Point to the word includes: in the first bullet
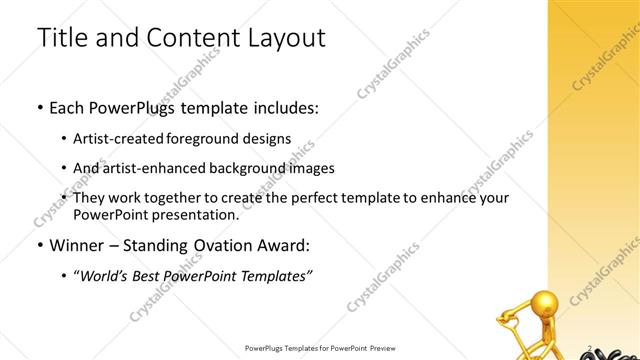[284, 107]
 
